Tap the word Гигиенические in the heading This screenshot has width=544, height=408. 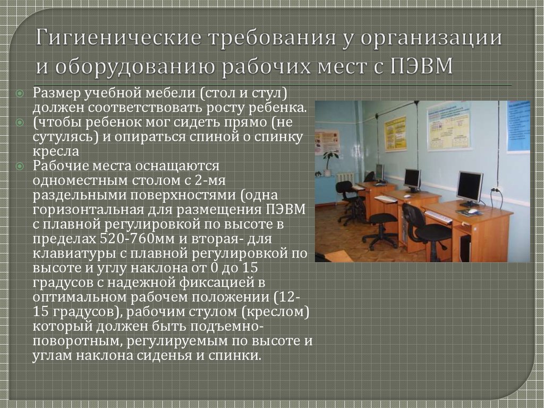[x=118, y=38]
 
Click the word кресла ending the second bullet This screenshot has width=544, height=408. [x=56, y=152]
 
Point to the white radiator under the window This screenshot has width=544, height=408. [x=345, y=180]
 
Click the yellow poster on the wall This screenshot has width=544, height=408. [x=395, y=133]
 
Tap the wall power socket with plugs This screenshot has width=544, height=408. [x=496, y=190]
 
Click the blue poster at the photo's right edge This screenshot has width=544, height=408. [x=518, y=127]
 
